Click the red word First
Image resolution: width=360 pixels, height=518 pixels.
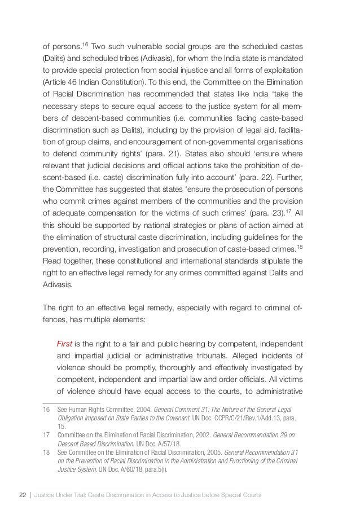tap(65, 329)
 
